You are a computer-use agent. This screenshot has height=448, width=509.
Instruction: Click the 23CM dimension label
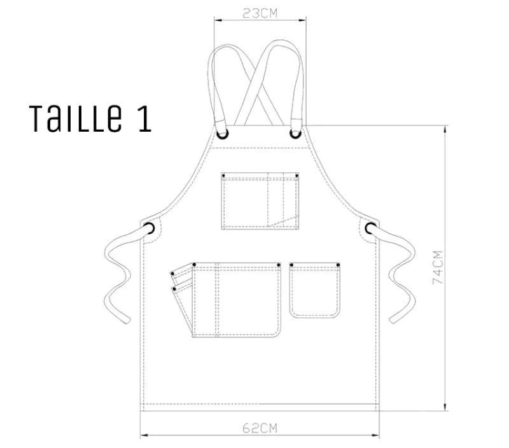tap(260, 13)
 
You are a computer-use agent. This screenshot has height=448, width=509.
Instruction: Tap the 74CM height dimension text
tap(438, 267)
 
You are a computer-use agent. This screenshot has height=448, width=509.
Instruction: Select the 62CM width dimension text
tap(260, 428)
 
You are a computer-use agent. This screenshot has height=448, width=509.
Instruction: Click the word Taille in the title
tap(76, 118)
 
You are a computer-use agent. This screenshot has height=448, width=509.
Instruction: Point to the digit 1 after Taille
tap(145, 119)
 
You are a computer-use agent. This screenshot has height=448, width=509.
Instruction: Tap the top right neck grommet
tap(295, 134)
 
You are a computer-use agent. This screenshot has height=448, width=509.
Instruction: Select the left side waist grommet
tap(149, 228)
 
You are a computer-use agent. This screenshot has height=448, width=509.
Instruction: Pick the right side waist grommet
tap(370, 228)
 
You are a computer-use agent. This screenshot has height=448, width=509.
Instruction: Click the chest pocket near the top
tap(260, 201)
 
